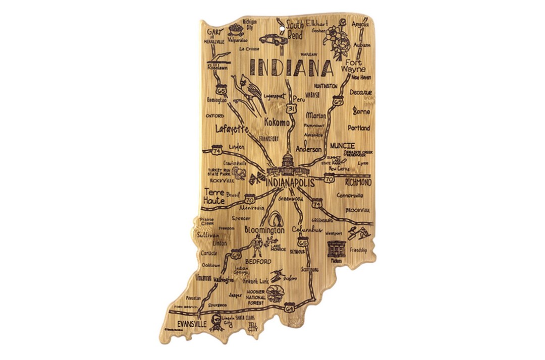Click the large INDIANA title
[291, 67]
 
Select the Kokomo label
[277, 123]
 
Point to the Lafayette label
[232, 130]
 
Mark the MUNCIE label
[343, 145]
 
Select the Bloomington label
[264, 229]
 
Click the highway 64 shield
[289, 307]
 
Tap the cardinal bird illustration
[250, 93]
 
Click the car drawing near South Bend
[273, 39]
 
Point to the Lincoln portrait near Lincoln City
[215, 321]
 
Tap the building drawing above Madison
[336, 249]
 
